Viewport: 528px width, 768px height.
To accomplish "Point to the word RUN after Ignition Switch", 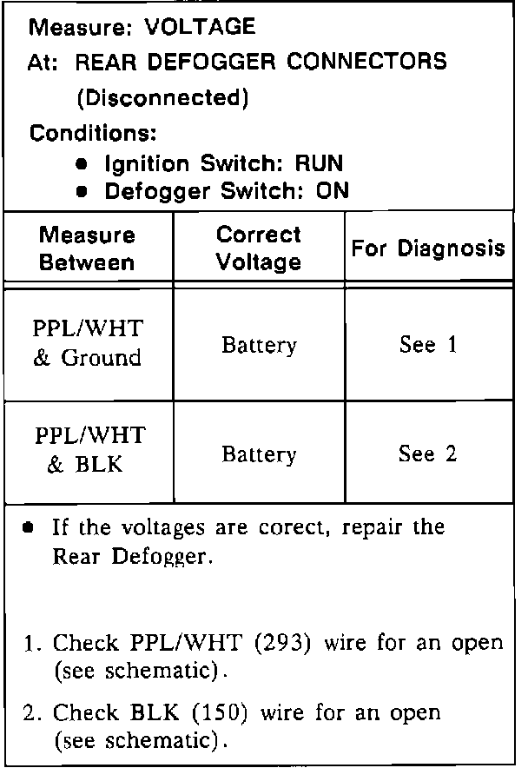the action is (x=319, y=162).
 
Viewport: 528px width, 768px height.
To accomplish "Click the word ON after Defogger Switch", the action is (x=332, y=191).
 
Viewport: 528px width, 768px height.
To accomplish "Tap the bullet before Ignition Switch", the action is (x=82, y=163).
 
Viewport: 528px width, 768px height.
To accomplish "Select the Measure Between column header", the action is (x=88, y=248).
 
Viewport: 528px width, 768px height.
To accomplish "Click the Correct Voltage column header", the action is (x=259, y=248).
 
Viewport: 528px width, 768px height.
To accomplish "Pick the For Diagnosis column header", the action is (x=428, y=248).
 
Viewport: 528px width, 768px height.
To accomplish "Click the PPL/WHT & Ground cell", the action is (x=88, y=344).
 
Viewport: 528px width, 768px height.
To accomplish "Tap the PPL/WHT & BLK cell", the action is (x=88, y=450).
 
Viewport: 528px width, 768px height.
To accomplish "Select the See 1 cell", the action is (x=428, y=345).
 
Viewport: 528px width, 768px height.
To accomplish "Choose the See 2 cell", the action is (x=428, y=454).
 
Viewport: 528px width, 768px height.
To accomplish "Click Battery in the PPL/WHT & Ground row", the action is (x=259, y=345).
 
